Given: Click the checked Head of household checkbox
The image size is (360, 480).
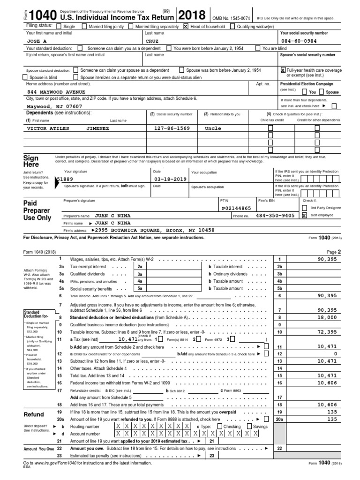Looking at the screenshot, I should [x=186, y=27].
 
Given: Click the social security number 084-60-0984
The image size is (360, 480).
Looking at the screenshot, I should [x=300, y=40].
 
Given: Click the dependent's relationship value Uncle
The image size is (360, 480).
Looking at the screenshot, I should [x=213, y=128].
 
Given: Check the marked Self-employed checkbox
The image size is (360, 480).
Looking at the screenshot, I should [x=304, y=216].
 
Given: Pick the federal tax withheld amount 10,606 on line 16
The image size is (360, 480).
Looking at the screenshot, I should [x=327, y=382].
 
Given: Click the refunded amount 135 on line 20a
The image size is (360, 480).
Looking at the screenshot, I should [x=331, y=419].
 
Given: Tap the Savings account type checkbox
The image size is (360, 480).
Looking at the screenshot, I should [x=250, y=427].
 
